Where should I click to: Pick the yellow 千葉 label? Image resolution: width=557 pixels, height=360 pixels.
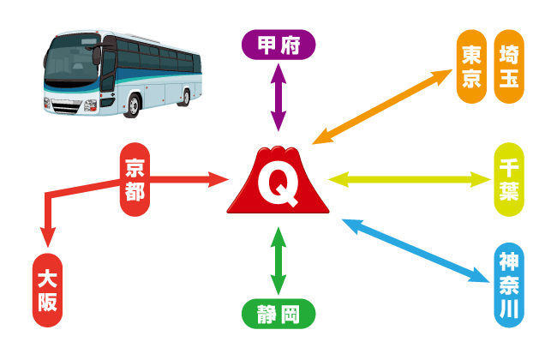508,179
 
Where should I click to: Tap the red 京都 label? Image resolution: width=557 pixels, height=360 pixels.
135,179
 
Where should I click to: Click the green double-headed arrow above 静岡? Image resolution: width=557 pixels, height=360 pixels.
278,262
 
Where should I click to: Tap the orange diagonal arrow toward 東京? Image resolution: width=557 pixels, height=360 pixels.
386,104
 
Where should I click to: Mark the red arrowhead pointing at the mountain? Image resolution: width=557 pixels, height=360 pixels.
219,179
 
